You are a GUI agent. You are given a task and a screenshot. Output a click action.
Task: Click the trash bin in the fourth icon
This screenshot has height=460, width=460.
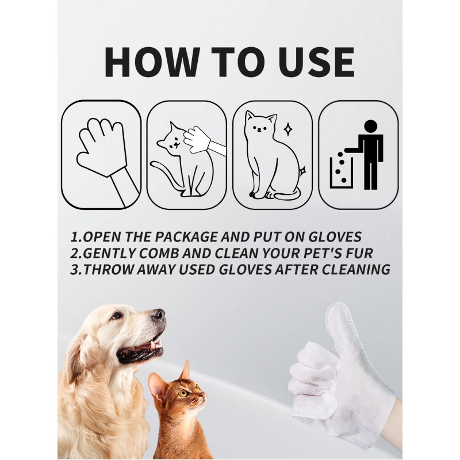click(x=340, y=172)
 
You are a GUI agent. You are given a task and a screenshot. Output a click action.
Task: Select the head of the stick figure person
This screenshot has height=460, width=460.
click(x=371, y=126)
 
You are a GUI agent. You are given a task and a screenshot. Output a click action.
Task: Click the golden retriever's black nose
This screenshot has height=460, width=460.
click(x=158, y=315)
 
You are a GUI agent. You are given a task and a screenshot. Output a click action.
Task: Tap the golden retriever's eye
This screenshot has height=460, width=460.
click(x=117, y=315)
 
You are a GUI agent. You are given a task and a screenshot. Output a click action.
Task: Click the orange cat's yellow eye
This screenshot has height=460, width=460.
click(x=183, y=393)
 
